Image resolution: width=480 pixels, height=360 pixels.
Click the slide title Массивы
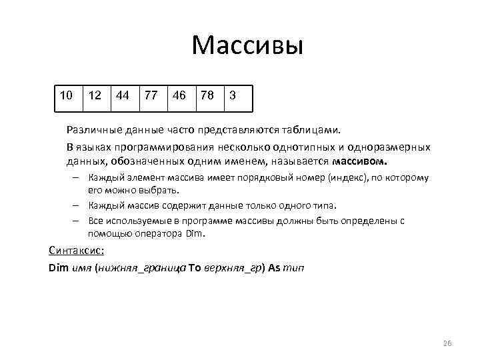tap(247, 45)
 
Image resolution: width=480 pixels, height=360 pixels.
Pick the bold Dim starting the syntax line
tap(59, 268)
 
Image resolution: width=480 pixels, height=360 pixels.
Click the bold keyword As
tap(274, 268)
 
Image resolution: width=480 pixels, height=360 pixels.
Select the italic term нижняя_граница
tap(142, 268)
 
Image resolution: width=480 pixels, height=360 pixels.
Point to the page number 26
tap(447, 343)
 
